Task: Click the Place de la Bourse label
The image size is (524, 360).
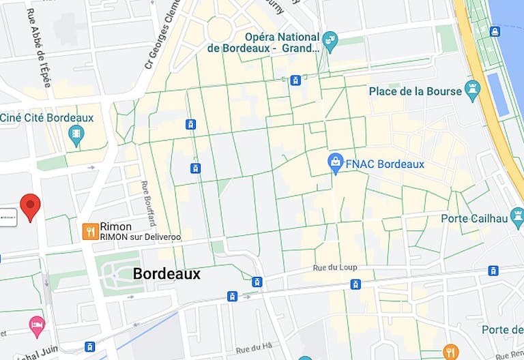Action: click(414, 91)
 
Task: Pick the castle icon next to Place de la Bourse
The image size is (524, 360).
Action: click(472, 89)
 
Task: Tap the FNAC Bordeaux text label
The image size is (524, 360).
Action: click(385, 164)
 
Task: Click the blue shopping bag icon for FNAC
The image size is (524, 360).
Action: click(335, 163)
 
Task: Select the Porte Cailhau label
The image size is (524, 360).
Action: click(471, 218)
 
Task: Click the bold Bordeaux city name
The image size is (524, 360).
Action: click(166, 274)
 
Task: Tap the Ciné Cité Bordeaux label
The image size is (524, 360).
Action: click(47, 118)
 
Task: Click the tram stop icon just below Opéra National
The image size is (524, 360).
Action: click(295, 80)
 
